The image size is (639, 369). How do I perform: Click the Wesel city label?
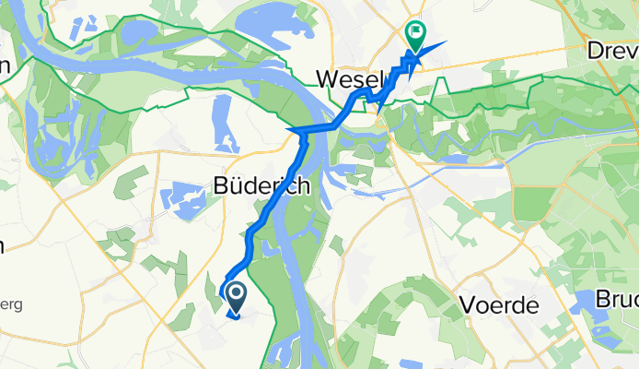tap(348, 78)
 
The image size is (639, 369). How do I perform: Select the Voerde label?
tap(497, 306)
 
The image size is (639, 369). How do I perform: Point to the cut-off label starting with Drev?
tap(613, 52)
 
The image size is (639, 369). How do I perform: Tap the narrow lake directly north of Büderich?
tap(222, 120)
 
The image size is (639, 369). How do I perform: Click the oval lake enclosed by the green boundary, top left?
tap(138, 33)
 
